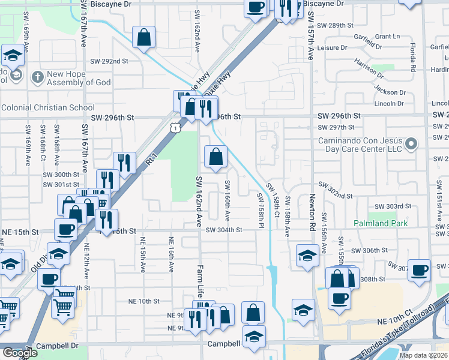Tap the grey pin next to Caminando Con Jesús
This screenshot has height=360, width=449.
[411, 144]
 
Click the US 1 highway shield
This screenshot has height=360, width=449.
[174, 127]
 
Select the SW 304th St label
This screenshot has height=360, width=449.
[224, 230]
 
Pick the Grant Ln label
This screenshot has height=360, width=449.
[387, 37]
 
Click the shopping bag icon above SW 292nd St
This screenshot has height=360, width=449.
[144, 38]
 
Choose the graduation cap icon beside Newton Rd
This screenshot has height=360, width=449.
[307, 256]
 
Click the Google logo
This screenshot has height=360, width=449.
[20, 353]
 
